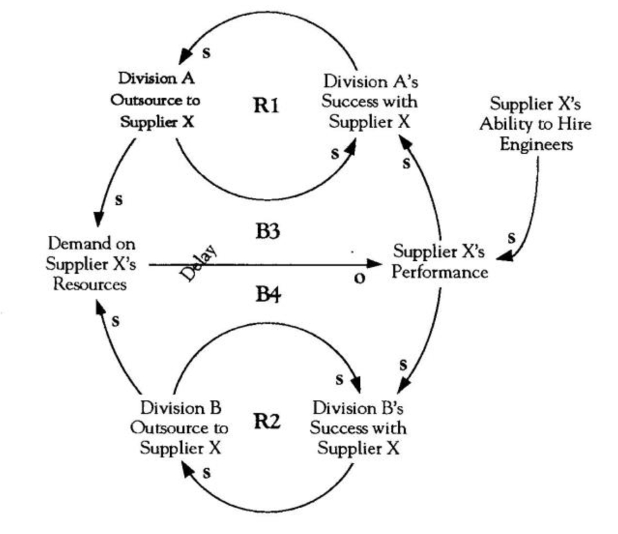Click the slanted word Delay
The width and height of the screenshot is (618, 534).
(198, 263)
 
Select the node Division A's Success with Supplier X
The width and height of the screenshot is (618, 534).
(369, 102)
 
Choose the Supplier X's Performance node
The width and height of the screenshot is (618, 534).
(441, 262)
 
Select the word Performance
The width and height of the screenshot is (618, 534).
(441, 272)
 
